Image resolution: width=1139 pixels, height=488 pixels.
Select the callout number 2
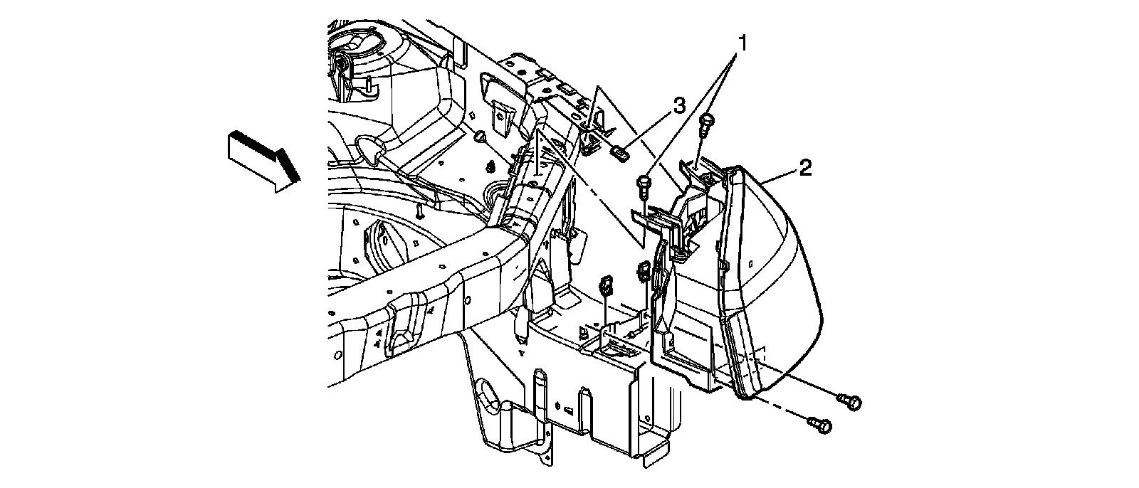(x=804, y=168)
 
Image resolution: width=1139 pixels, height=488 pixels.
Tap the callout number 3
(x=678, y=107)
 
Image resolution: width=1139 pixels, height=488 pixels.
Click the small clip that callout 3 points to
(x=620, y=152)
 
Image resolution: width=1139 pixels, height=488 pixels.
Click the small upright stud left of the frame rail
(x=421, y=211)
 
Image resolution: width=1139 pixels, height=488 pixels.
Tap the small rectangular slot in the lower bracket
(x=569, y=410)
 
